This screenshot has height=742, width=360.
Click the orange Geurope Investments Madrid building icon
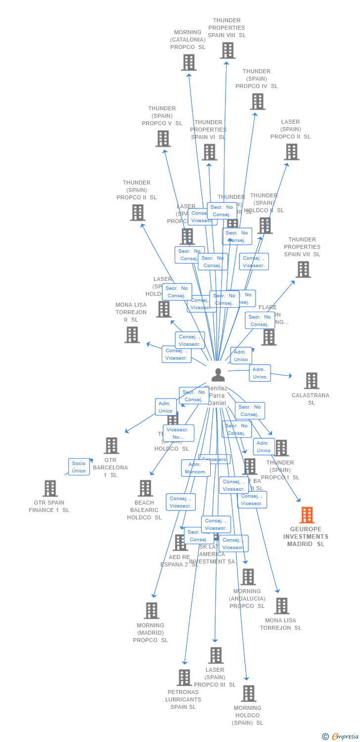[307, 515]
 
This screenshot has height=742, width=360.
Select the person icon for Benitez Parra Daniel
[218, 375]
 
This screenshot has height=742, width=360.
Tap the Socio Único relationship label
[79, 466]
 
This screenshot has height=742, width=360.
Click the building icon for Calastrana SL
[311, 380]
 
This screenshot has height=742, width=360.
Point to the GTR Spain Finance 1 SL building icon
[50, 488]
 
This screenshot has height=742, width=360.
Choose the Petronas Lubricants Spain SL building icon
[184, 677]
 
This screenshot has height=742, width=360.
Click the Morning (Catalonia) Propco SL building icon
[188, 62]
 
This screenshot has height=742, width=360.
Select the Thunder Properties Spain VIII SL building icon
[227, 50]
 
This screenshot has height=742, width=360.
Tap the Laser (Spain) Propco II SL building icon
[291, 152]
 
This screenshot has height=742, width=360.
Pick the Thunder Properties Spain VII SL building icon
[303, 270]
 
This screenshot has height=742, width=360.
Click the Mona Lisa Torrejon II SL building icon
[132, 334]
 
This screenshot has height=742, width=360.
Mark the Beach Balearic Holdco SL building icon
[145, 488]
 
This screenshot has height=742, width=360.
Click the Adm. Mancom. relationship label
[195, 468]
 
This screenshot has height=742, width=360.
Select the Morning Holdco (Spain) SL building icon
[248, 694]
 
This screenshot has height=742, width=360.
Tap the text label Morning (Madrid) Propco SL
[150, 633]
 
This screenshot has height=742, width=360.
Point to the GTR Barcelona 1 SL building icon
[111, 445]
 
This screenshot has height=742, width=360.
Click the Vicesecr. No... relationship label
[178, 433]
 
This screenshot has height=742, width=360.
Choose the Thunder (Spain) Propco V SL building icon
[163, 139]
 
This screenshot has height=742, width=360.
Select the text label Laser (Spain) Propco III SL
[215, 677]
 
